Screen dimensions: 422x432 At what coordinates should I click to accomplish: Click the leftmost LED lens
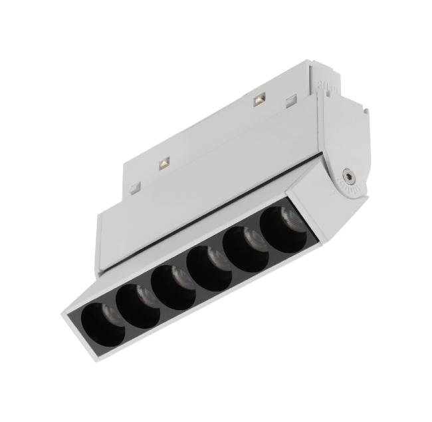(x=100, y=319)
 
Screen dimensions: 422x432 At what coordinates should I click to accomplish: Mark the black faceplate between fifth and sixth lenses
(x=263, y=230)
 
